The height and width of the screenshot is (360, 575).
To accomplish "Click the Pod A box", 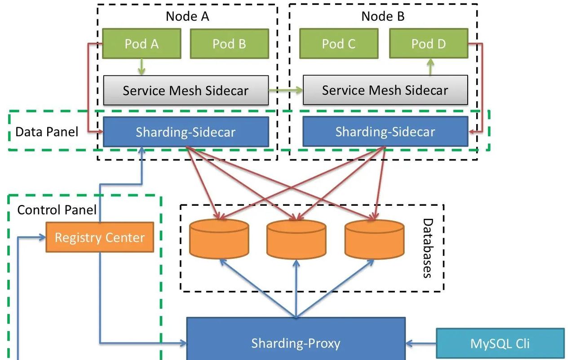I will [142, 44].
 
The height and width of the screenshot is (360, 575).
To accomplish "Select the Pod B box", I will [229, 44].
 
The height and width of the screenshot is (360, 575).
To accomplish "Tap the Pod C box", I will [338, 44].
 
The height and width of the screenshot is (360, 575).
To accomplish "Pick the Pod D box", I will [429, 44].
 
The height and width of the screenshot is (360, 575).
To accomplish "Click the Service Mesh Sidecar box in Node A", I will [186, 90].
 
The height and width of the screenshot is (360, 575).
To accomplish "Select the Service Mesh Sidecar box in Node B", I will [385, 90].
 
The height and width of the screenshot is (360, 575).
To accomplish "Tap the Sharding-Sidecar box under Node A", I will [186, 132].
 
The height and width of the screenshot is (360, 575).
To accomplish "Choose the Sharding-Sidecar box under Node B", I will [385, 131].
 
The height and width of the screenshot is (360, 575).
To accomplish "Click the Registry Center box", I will [100, 237].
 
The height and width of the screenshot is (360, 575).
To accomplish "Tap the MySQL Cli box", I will [500, 344].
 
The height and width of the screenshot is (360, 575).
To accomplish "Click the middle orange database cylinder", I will [296, 239].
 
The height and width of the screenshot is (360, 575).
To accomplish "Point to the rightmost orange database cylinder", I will [374, 239].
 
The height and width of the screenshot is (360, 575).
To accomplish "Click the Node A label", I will [187, 17].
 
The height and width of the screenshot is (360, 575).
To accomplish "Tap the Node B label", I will [383, 17].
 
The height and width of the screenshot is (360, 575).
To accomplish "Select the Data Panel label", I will [47, 132].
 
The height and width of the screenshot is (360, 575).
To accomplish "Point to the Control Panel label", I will [57, 209].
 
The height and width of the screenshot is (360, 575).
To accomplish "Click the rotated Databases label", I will [428, 248].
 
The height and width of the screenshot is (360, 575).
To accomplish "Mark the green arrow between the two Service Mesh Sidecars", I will [286, 90].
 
